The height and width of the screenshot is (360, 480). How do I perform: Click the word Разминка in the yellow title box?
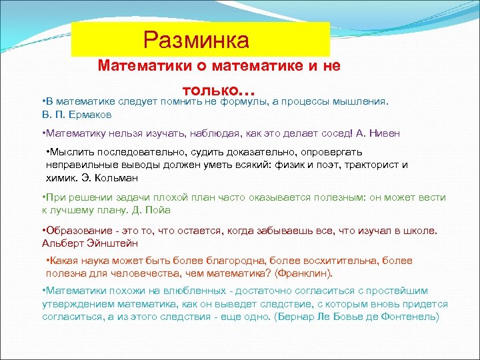click(x=195, y=40)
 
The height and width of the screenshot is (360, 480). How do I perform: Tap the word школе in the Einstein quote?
click(x=420, y=230)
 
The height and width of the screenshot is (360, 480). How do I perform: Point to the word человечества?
click(x=142, y=273)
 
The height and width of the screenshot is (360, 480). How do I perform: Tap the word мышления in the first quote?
click(x=363, y=101)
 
